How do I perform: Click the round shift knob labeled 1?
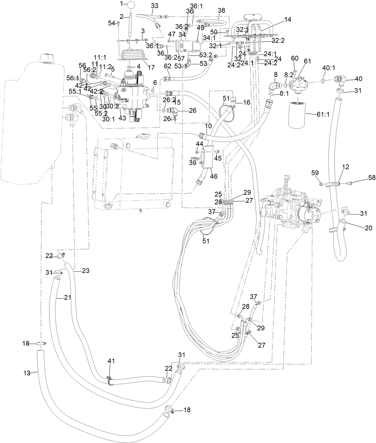(x=132, y=5)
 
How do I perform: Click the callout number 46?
(x=213, y=177)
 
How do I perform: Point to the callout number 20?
(x=369, y=228)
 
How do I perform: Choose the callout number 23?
(x=86, y=271)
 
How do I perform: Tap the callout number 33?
(x=155, y=6)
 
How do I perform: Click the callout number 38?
(x=221, y=10)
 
